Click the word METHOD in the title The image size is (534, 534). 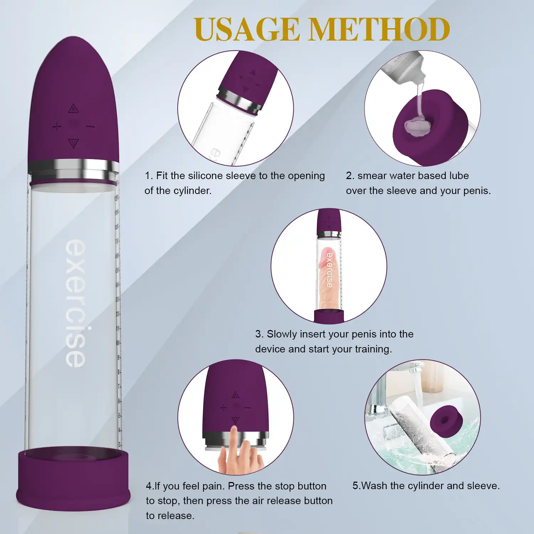379,29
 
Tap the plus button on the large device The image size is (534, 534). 57,126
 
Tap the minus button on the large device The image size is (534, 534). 90,126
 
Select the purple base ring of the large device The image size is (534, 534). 73,479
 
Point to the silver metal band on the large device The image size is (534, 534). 73,169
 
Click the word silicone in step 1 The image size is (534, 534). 205,176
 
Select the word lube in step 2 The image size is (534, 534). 459,176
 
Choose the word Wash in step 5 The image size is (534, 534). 374,486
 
